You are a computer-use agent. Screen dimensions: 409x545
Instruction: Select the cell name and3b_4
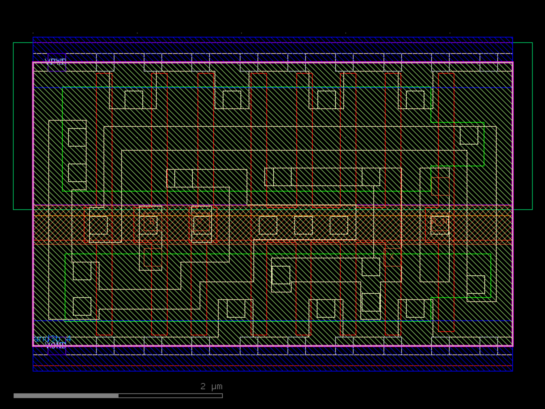pos(52,339)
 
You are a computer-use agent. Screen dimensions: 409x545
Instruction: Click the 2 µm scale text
pos(211,386)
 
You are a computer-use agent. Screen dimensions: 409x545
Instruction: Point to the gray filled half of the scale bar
pos(66,396)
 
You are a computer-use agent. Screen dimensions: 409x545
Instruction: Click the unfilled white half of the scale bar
pos(170,396)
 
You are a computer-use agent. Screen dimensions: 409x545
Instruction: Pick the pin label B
pos(152,222)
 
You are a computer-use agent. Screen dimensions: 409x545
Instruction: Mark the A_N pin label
pos(440,221)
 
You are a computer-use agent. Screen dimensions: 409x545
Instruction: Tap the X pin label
pos(392,257)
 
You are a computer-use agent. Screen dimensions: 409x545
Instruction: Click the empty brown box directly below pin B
pos(153,257)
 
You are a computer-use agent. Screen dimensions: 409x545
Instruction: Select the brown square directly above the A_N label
pos(440,187)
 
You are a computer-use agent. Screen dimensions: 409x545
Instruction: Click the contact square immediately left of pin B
pos(98,225)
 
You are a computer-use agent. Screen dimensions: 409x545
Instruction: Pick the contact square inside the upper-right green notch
pos(469,136)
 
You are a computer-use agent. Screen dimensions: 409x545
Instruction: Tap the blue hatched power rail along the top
pos(272,45)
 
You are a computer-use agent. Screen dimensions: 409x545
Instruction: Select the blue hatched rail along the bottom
pos(272,363)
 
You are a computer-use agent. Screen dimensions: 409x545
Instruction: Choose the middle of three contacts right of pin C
pos(303,225)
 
